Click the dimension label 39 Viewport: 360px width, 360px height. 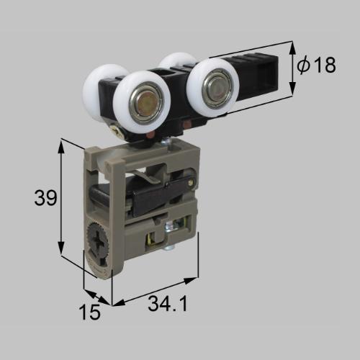(x=45, y=197)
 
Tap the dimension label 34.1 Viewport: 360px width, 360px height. (x=168, y=303)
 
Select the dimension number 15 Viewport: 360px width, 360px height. (x=90, y=312)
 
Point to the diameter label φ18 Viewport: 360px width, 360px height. (x=316, y=65)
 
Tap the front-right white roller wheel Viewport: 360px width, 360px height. (x=212, y=88)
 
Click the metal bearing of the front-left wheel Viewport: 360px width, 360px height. (x=145, y=104)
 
